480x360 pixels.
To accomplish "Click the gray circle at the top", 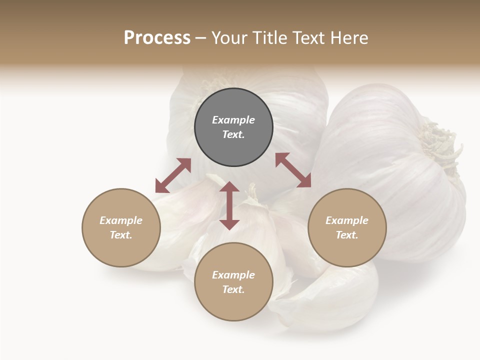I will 233,127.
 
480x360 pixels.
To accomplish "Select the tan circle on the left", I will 121,227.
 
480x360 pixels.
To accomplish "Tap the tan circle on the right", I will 347,227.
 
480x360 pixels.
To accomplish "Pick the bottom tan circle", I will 233,281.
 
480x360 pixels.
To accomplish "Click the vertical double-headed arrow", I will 229,205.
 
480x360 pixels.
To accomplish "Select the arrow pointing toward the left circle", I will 173,175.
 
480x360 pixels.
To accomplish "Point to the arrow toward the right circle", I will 293,170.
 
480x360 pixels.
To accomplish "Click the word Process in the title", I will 157,38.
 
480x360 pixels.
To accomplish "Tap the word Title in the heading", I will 269,38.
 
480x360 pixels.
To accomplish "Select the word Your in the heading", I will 229,38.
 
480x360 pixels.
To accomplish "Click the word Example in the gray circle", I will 233,120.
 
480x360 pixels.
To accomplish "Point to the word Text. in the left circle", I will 121,235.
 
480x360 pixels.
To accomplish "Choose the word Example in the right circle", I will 347,220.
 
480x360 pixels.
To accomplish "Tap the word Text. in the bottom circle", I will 233,289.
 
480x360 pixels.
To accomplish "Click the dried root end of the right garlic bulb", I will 440,145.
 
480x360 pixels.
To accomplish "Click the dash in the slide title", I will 201,38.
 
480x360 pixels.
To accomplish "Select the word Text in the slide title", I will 309,38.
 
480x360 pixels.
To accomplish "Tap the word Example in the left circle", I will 121,220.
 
